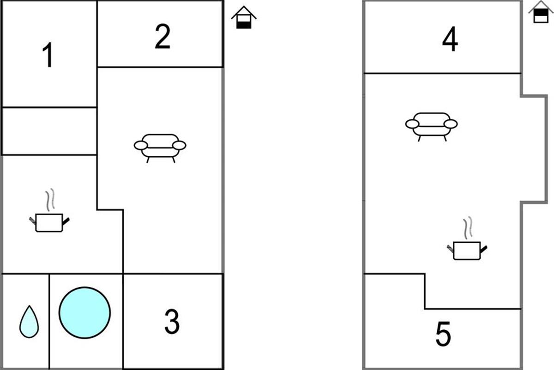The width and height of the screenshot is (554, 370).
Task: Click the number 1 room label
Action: click(48, 55)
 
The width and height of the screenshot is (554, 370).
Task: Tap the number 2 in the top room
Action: click(162, 37)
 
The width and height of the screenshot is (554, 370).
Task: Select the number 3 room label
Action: click(172, 322)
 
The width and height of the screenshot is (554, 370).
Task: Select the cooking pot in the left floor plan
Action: click(49, 222)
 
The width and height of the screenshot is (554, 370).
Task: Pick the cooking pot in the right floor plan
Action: click(467, 250)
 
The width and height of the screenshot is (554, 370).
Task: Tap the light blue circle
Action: click(84, 313)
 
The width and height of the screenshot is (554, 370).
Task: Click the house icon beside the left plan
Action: click(244, 18)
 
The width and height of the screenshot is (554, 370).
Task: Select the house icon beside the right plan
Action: click(540, 12)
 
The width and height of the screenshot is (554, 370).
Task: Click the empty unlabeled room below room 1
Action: click(49, 131)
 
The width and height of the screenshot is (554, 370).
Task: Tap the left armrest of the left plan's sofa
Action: click(140, 146)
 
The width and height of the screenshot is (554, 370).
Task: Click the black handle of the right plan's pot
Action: click(484, 249)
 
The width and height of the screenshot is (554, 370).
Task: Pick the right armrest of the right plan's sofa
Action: click(451, 124)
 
